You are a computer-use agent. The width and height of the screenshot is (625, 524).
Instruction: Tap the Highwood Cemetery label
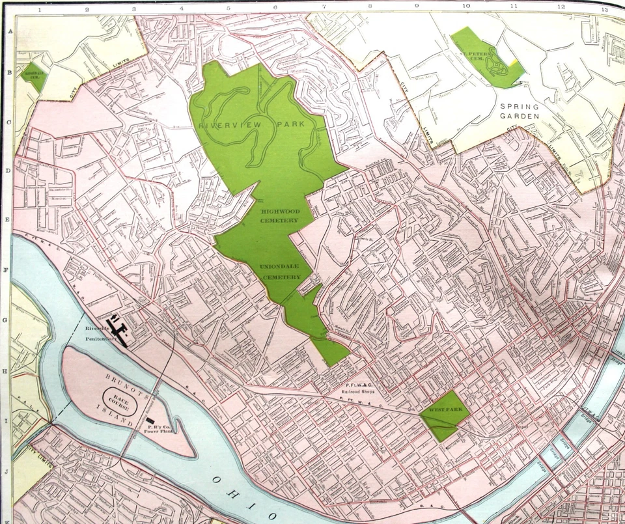click(279, 216)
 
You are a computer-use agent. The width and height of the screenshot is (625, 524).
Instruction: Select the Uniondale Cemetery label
click(281, 272)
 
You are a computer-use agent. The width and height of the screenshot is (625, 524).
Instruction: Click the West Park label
click(444, 410)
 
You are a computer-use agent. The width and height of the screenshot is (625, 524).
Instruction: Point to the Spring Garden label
click(520, 111)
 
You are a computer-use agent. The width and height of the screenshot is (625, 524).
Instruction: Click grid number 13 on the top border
click(604, 10)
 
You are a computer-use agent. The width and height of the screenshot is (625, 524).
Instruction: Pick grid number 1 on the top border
click(40, 10)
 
